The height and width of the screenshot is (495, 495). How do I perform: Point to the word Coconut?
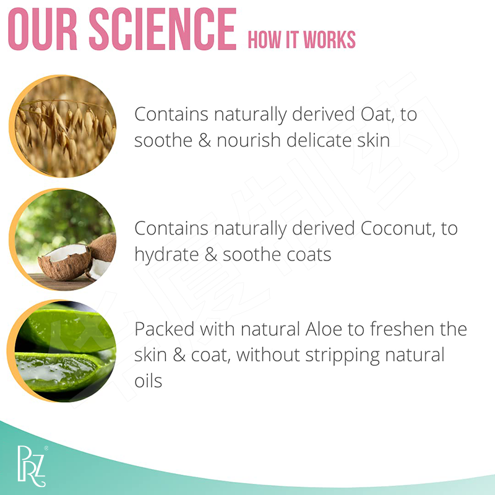click(x=393, y=228)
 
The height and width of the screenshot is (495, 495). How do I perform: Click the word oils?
click(x=148, y=381)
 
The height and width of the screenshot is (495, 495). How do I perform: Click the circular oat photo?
click(x=62, y=127)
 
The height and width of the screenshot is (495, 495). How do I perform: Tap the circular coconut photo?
click(x=62, y=240)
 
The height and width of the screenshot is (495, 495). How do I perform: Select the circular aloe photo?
click(x=62, y=351)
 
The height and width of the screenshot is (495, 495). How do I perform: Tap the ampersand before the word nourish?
click(x=205, y=140)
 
